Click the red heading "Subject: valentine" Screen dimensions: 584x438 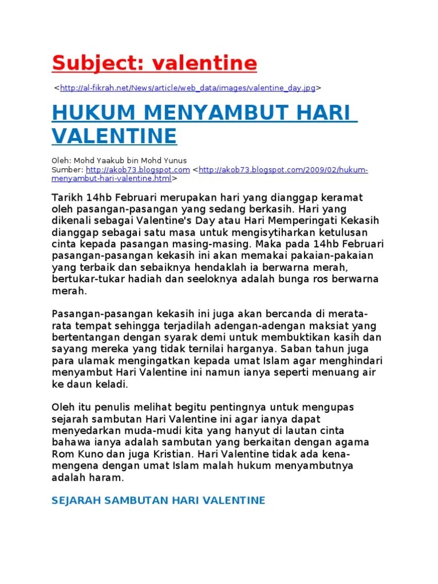tap(154, 63)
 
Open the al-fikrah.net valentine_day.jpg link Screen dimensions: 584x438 tap(188, 88)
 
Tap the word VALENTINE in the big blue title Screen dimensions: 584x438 tap(114, 136)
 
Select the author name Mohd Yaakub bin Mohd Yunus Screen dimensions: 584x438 tap(130, 160)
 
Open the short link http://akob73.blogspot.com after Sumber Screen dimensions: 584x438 tap(137, 170)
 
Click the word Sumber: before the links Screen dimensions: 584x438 tap(67, 170)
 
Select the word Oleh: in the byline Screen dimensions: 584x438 tap(61, 160)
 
